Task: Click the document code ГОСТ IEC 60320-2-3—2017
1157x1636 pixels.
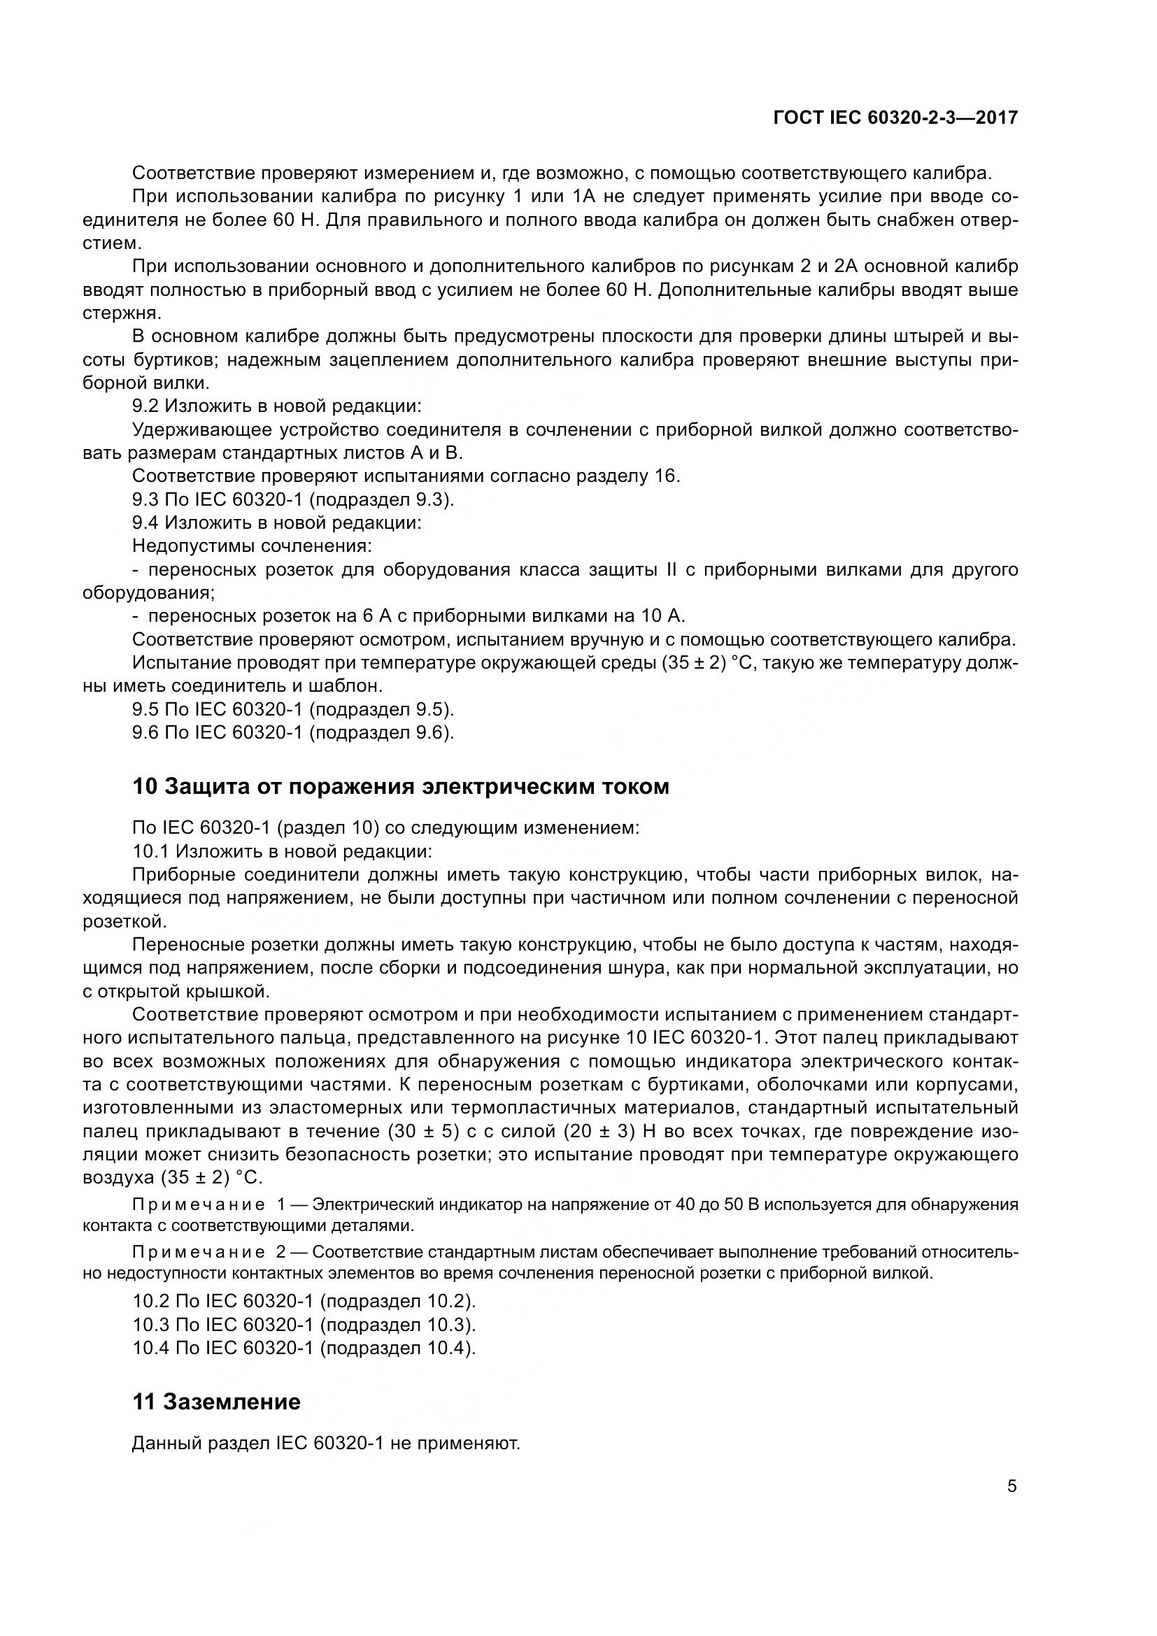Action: (x=895, y=118)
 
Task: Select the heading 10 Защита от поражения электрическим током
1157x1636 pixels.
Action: (x=401, y=787)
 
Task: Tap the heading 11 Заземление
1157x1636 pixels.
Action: (x=217, y=1402)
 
